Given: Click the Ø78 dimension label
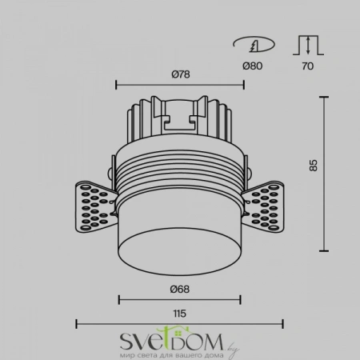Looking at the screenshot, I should pyautogui.click(x=179, y=74).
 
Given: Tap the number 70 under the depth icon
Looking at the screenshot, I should pyautogui.click(x=309, y=66).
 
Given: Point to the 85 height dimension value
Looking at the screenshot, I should pyautogui.click(x=314, y=166).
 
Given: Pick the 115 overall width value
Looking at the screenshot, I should pyautogui.click(x=179, y=315).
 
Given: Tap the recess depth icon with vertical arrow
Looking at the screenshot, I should pyautogui.click(x=309, y=44).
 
